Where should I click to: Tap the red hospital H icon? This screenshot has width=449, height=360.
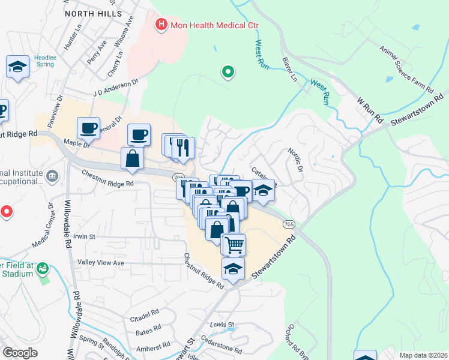(x=161, y=25)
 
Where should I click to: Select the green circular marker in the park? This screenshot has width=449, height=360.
(x=228, y=72)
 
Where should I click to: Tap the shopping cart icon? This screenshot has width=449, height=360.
(x=234, y=244)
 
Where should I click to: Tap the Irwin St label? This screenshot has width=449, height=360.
(x=85, y=236)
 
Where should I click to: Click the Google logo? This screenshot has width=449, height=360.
(x=20, y=353)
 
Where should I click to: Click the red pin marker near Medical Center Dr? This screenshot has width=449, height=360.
(x=6, y=211)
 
